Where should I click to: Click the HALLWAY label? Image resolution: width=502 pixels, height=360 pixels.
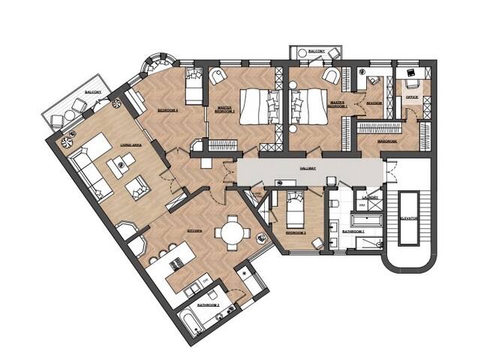click(305, 168)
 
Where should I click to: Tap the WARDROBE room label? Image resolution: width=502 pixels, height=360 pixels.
click(388, 139)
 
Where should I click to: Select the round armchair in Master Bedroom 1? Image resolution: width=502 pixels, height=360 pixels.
click(218, 74)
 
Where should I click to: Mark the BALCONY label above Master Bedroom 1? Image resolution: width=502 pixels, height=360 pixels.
click(316, 51)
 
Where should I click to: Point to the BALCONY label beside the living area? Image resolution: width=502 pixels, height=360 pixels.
click(93, 91)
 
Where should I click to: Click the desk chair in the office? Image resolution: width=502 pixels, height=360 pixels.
click(410, 73)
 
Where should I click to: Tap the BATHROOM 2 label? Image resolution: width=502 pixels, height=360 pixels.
click(207, 306)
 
